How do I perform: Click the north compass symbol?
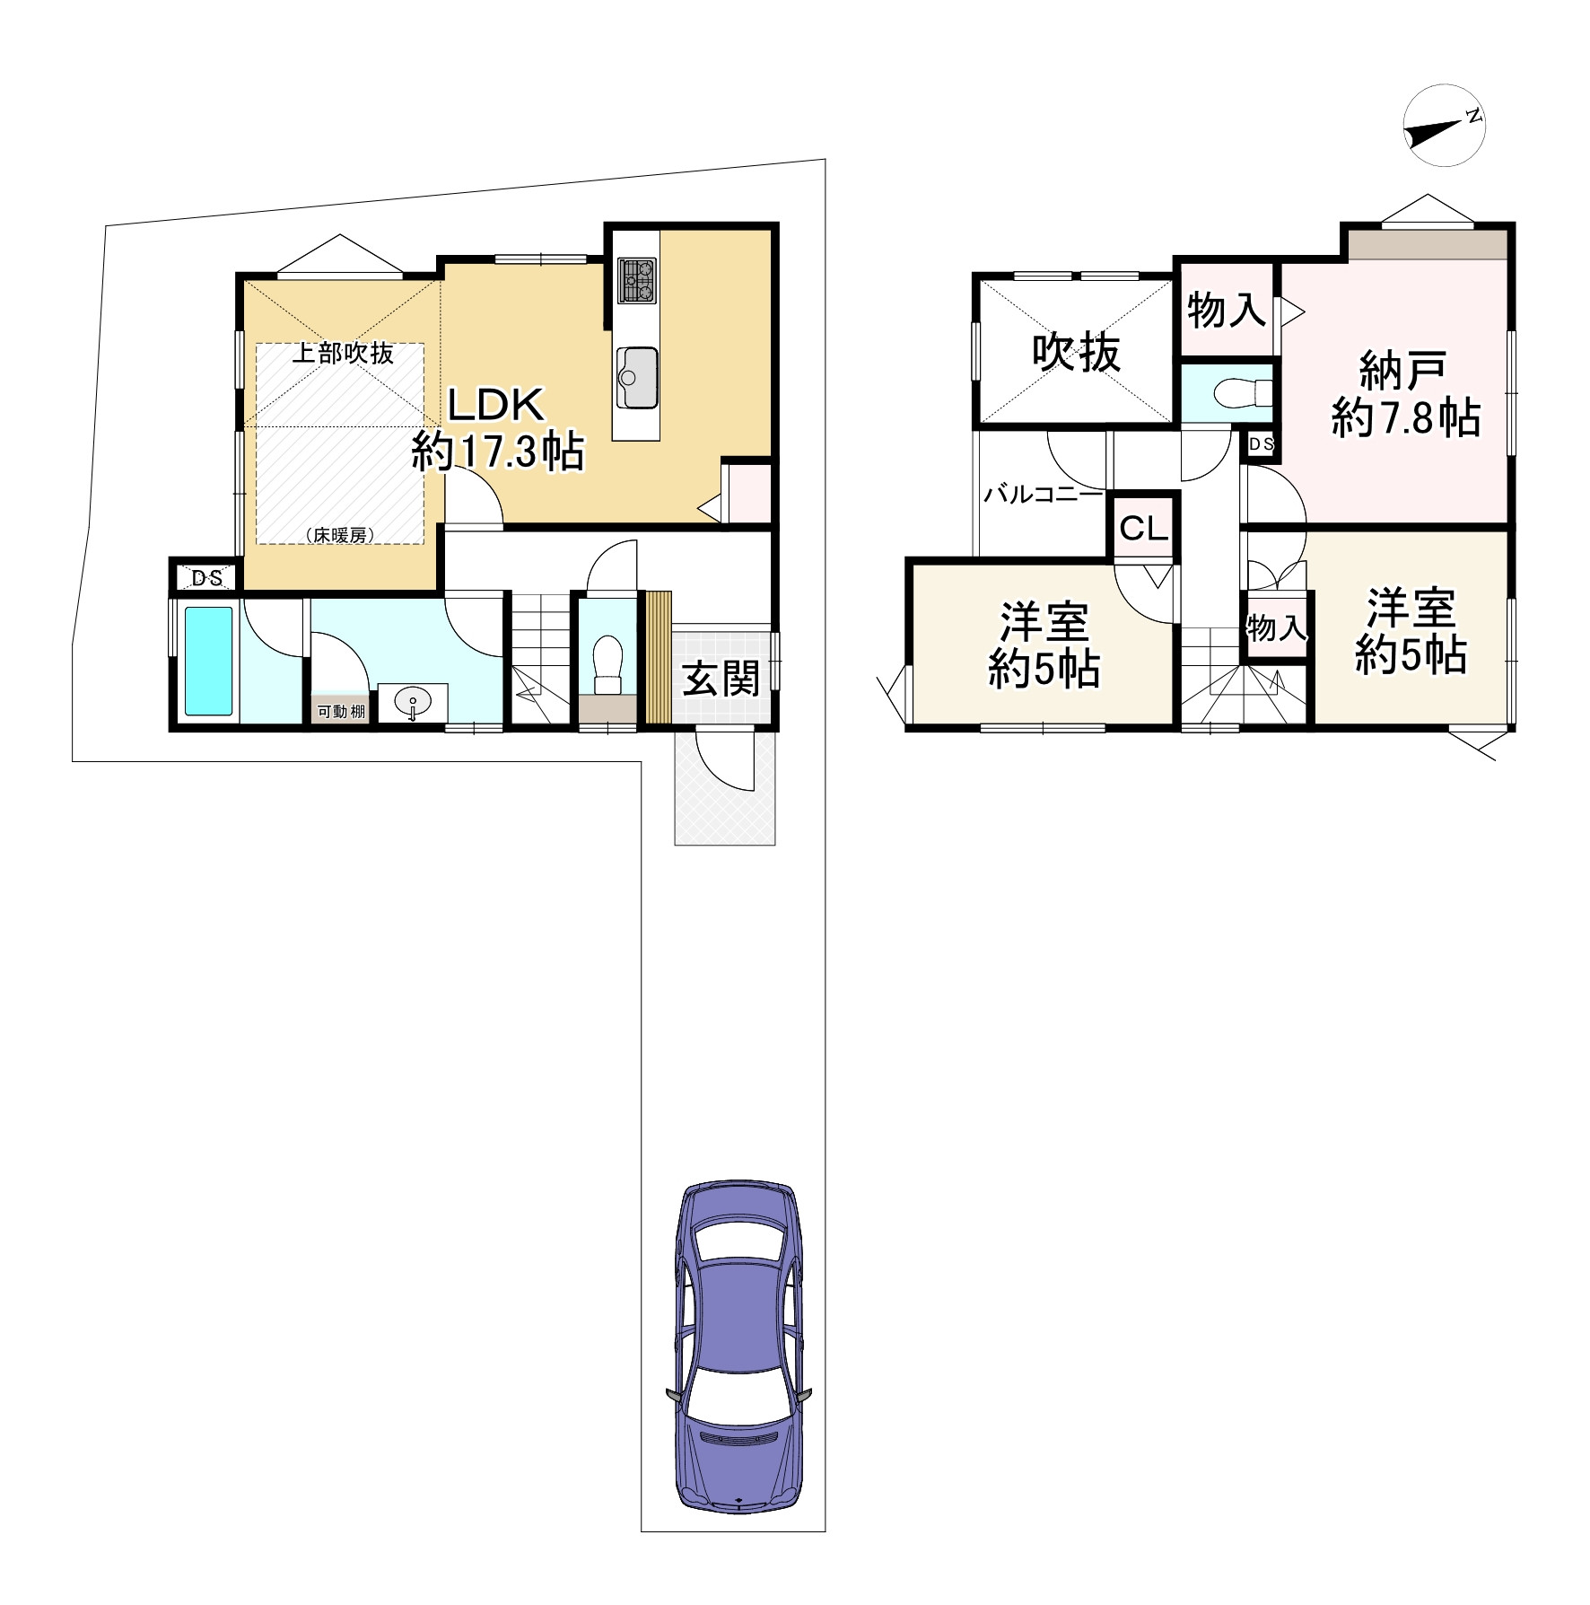[1444, 127]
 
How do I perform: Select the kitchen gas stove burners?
[636, 279]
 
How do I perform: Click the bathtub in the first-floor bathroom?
[209, 662]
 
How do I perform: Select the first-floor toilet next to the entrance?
[608, 664]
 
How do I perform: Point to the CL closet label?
[1143, 529]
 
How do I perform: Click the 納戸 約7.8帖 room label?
[1406, 394]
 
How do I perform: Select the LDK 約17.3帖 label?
[497, 429]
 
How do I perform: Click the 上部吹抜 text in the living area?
[344, 353]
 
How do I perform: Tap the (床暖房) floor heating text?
[340, 535]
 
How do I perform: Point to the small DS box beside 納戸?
[1261, 444]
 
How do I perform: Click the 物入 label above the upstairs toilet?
[1227, 311]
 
